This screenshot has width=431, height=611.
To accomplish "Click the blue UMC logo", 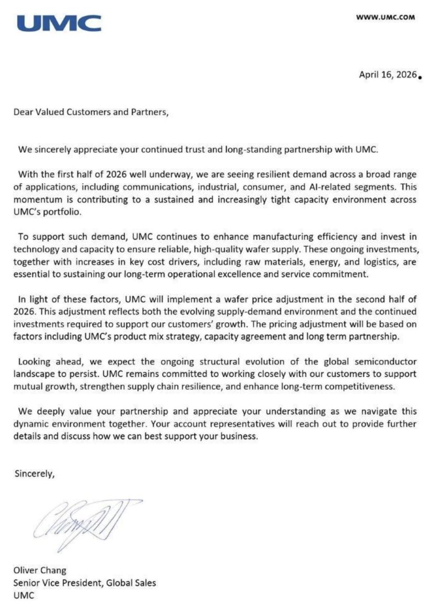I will click(59, 23).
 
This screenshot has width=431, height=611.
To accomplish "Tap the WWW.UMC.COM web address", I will click(385, 17).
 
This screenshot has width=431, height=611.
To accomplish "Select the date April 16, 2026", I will click(388, 75).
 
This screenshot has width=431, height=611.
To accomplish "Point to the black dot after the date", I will click(419, 78).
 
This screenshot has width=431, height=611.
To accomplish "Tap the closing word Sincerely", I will click(34, 473).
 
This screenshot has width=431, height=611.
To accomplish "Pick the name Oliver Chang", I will click(40, 571).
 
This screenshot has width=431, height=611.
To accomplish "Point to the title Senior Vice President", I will click(58, 583).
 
